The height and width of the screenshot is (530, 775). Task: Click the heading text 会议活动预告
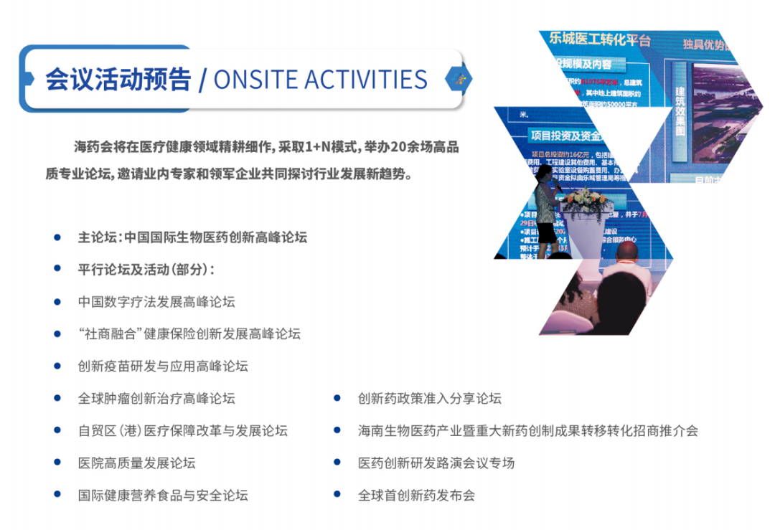point(118,79)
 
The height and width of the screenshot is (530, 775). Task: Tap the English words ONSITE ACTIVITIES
point(320,79)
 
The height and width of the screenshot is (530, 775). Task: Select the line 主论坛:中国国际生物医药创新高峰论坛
point(192,237)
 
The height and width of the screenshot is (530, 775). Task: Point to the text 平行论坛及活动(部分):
point(146,270)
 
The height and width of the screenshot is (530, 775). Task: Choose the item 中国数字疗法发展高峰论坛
point(156,302)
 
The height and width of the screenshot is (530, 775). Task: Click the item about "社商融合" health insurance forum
point(189,334)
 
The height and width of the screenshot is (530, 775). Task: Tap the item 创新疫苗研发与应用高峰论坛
point(163,366)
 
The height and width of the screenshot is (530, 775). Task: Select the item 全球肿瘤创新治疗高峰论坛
point(156,399)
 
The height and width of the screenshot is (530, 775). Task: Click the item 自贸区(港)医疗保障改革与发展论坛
point(182,431)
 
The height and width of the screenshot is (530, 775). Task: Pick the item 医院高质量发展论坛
point(136,463)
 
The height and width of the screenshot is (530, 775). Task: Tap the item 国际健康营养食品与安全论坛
point(163,496)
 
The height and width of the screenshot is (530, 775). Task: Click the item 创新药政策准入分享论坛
point(429,399)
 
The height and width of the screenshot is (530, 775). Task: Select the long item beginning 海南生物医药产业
point(527,431)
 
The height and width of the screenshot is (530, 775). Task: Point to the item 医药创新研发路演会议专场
point(436,463)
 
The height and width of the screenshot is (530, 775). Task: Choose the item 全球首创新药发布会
point(416,496)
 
